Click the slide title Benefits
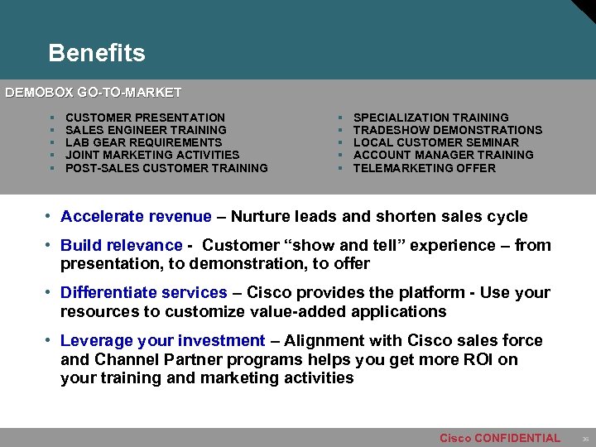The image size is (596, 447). point(96,54)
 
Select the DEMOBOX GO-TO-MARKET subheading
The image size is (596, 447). point(94,93)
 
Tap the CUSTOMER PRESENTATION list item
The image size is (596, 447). point(145,118)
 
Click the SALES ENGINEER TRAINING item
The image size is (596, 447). point(146,130)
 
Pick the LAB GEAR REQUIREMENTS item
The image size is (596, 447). point(143,142)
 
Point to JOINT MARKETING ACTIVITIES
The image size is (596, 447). point(151,155)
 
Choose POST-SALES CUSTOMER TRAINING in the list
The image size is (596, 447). point(166,168)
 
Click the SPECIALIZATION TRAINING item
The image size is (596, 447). point(430,118)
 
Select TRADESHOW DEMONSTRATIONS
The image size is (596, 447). point(447,130)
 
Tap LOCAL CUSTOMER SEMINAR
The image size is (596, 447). point(435,142)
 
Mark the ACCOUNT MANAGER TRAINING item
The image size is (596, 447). point(443,155)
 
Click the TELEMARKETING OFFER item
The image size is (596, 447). point(424,168)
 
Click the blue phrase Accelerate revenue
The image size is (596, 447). point(136,217)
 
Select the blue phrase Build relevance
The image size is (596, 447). point(121,245)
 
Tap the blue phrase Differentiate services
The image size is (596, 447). point(143,292)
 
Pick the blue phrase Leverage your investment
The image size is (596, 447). point(162,340)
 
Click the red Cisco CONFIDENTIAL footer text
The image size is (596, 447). point(499,438)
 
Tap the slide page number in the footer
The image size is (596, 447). point(584,439)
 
